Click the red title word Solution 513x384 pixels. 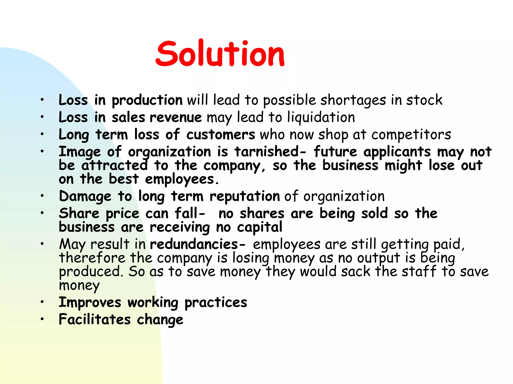coord(220,54)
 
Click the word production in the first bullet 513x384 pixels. coord(147,100)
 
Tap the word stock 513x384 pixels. coord(424,100)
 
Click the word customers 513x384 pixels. coord(221,134)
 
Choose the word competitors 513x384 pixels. coord(411,134)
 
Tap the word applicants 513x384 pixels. coord(397,152)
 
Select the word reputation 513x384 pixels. coord(245,196)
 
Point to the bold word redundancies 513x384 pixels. coord(194,244)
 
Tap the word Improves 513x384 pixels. coord(90,302)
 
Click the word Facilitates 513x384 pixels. coord(95,320)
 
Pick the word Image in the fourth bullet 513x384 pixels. coord(80,152)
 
